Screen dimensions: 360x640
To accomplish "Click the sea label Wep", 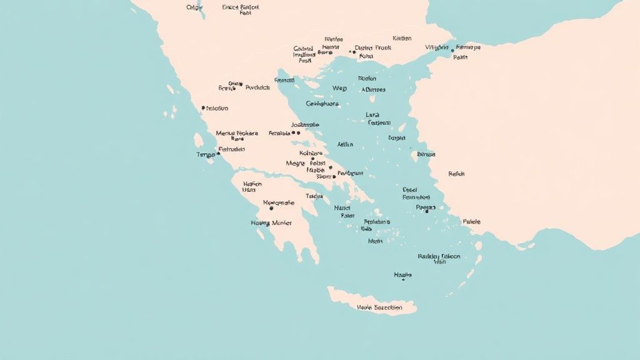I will [339, 89].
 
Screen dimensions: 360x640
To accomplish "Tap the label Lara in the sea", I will [372, 115].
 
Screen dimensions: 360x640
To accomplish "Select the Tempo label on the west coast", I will [206, 154].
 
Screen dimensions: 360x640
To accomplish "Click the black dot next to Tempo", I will [218, 153].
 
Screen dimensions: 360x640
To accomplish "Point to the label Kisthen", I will [402, 38].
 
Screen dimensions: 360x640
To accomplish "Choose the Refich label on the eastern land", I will [457, 174].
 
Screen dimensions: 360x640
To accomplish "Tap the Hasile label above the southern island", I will [403, 274].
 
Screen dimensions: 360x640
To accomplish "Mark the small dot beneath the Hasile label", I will [403, 280].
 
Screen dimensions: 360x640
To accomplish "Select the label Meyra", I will [294, 163].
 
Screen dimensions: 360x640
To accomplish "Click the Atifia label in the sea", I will [345, 144].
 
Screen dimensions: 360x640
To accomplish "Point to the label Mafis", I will [375, 241].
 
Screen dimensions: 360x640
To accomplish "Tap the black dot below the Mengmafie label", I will [271, 208].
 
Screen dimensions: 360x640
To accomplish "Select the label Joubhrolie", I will [306, 124].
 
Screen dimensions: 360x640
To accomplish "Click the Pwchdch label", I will [257, 88].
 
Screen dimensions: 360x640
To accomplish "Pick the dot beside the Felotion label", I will [204, 108].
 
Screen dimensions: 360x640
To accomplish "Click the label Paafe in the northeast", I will [460, 57].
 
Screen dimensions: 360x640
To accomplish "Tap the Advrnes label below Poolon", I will [373, 89].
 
